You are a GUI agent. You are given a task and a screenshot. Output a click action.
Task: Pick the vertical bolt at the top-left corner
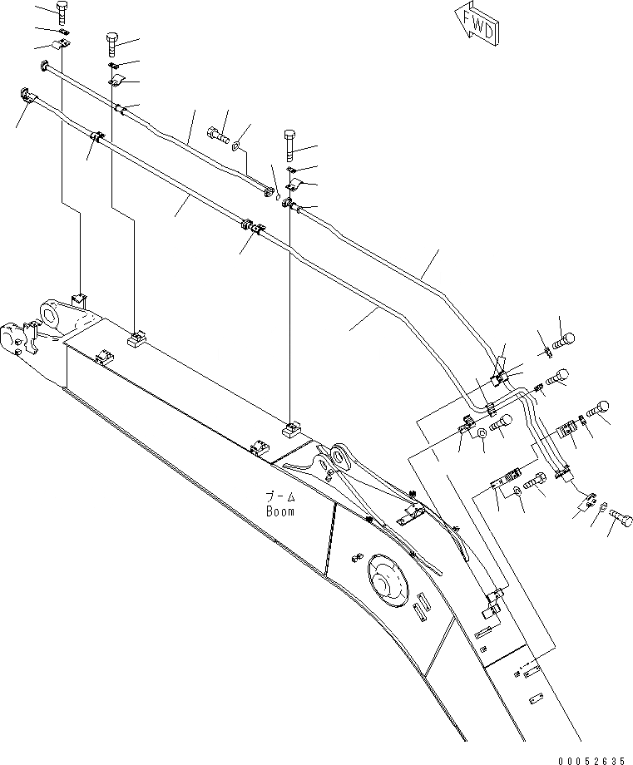[x=62, y=12]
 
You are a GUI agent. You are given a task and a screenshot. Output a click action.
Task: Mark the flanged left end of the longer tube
[x=25, y=94]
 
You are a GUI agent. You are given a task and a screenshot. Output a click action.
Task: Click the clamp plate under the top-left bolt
[x=62, y=44]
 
